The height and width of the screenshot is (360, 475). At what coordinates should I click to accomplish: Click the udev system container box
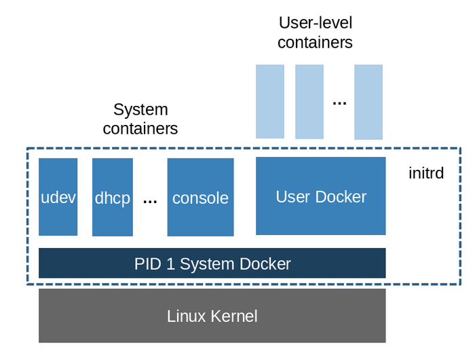tap(58, 197)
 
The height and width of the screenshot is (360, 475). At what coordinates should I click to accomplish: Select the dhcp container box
tap(113, 197)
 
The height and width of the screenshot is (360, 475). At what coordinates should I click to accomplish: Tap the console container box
tap(201, 197)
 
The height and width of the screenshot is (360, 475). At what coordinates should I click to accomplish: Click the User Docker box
tap(321, 196)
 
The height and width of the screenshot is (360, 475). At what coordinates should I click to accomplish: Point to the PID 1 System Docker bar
tap(212, 263)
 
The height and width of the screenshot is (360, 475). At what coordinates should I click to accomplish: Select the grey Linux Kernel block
tap(212, 316)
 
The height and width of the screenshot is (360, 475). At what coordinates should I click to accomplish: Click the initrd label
tap(426, 173)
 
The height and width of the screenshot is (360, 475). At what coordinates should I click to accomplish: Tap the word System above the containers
tap(140, 109)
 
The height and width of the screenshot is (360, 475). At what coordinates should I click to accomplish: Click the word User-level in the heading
tap(316, 23)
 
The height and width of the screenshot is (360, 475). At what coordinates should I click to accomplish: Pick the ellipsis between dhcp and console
tap(150, 201)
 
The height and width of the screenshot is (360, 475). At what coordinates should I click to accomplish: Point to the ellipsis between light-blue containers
tap(339, 103)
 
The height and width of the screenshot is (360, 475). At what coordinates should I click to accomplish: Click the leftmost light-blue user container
tap(270, 102)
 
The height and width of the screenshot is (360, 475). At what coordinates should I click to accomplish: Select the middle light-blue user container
tap(309, 102)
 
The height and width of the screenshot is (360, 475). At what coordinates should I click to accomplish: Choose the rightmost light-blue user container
tap(368, 102)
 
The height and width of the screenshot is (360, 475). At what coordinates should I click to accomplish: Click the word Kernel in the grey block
tap(234, 316)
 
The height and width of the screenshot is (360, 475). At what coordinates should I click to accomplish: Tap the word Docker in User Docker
tap(341, 197)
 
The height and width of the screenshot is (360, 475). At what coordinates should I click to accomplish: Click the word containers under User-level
tap(315, 43)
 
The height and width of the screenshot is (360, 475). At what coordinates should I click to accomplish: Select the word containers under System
tap(140, 128)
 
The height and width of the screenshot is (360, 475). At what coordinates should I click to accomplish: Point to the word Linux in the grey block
tap(187, 316)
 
